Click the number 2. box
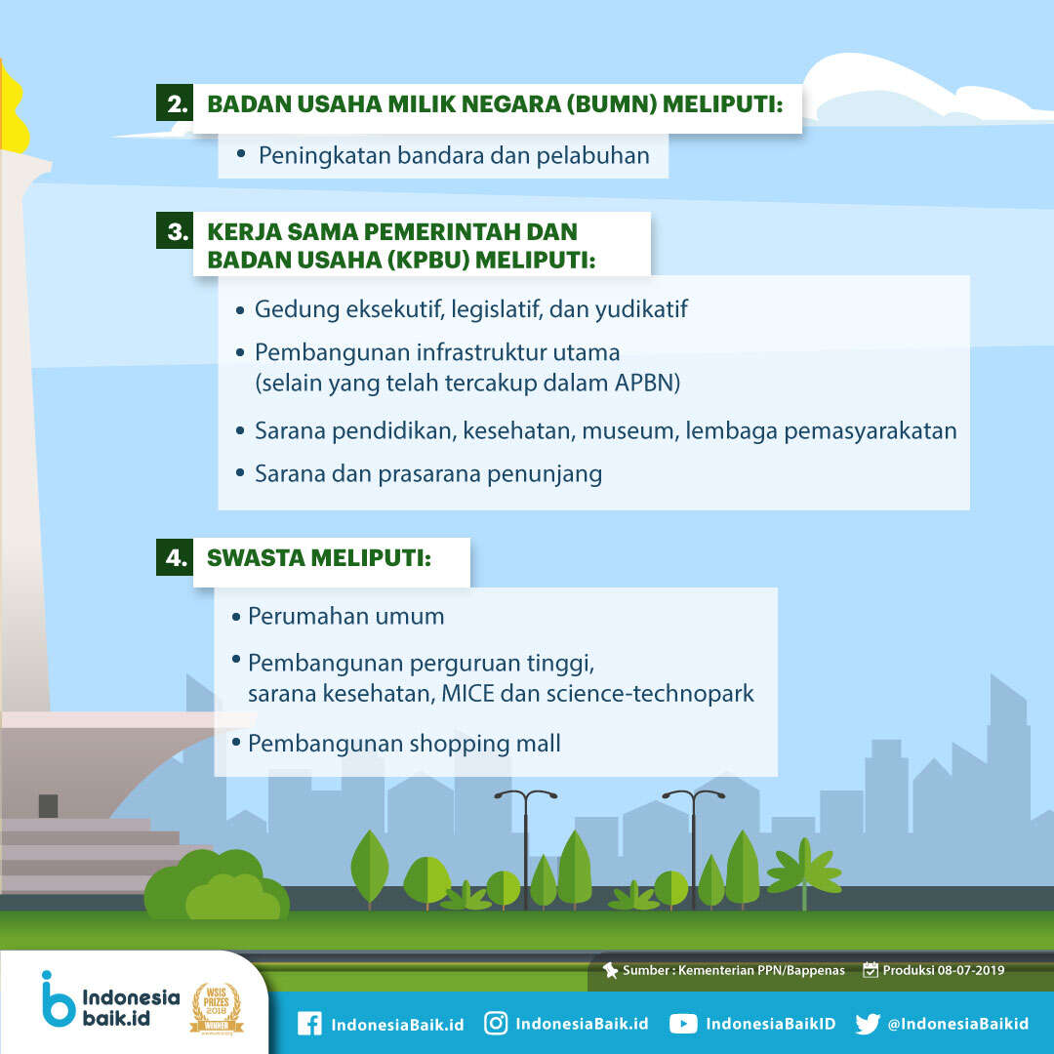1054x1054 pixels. click(175, 102)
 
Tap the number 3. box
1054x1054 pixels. click(175, 230)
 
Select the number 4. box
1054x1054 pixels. click(175, 557)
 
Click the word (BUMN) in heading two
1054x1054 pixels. click(611, 104)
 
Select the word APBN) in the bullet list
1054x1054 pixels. click(647, 384)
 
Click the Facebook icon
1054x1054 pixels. click(309, 1024)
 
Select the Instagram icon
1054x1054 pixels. click(496, 1023)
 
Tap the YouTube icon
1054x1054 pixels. click(683, 1024)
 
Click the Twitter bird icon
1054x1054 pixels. click(868, 1024)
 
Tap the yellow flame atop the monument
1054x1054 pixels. click(12, 107)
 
